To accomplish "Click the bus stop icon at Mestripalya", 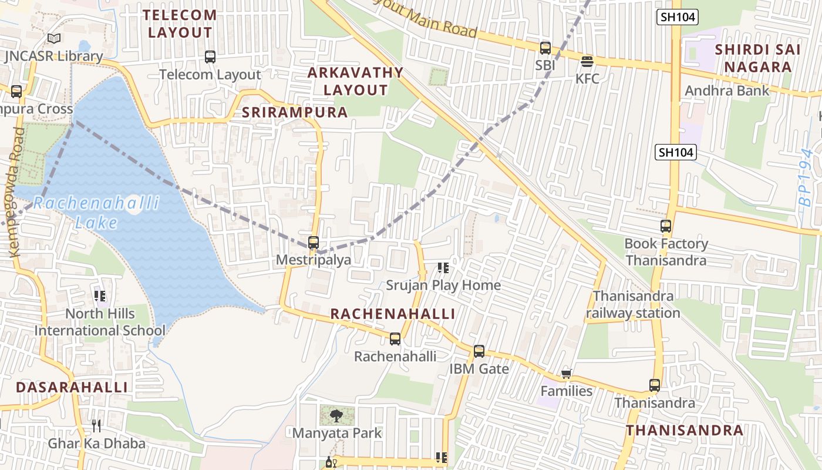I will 314,242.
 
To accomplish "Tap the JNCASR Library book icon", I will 54,39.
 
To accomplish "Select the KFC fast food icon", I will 587,61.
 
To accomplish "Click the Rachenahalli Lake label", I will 96,213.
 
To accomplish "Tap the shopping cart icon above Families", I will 567,374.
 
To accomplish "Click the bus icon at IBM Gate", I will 479,351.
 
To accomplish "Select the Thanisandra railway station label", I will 633,304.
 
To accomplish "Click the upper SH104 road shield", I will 678,17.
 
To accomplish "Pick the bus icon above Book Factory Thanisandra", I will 666,226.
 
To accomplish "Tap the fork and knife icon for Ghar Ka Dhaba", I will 96,425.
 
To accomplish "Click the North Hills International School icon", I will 100,296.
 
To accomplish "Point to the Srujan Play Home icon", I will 443,268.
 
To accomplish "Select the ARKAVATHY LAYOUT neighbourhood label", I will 356,81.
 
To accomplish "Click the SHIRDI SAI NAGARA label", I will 757,58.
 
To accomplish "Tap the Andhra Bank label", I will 727,90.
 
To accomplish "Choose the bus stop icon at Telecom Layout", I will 210,57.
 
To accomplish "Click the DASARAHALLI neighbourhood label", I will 72,387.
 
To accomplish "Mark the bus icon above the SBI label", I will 545,48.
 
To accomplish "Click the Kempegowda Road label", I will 16,192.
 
